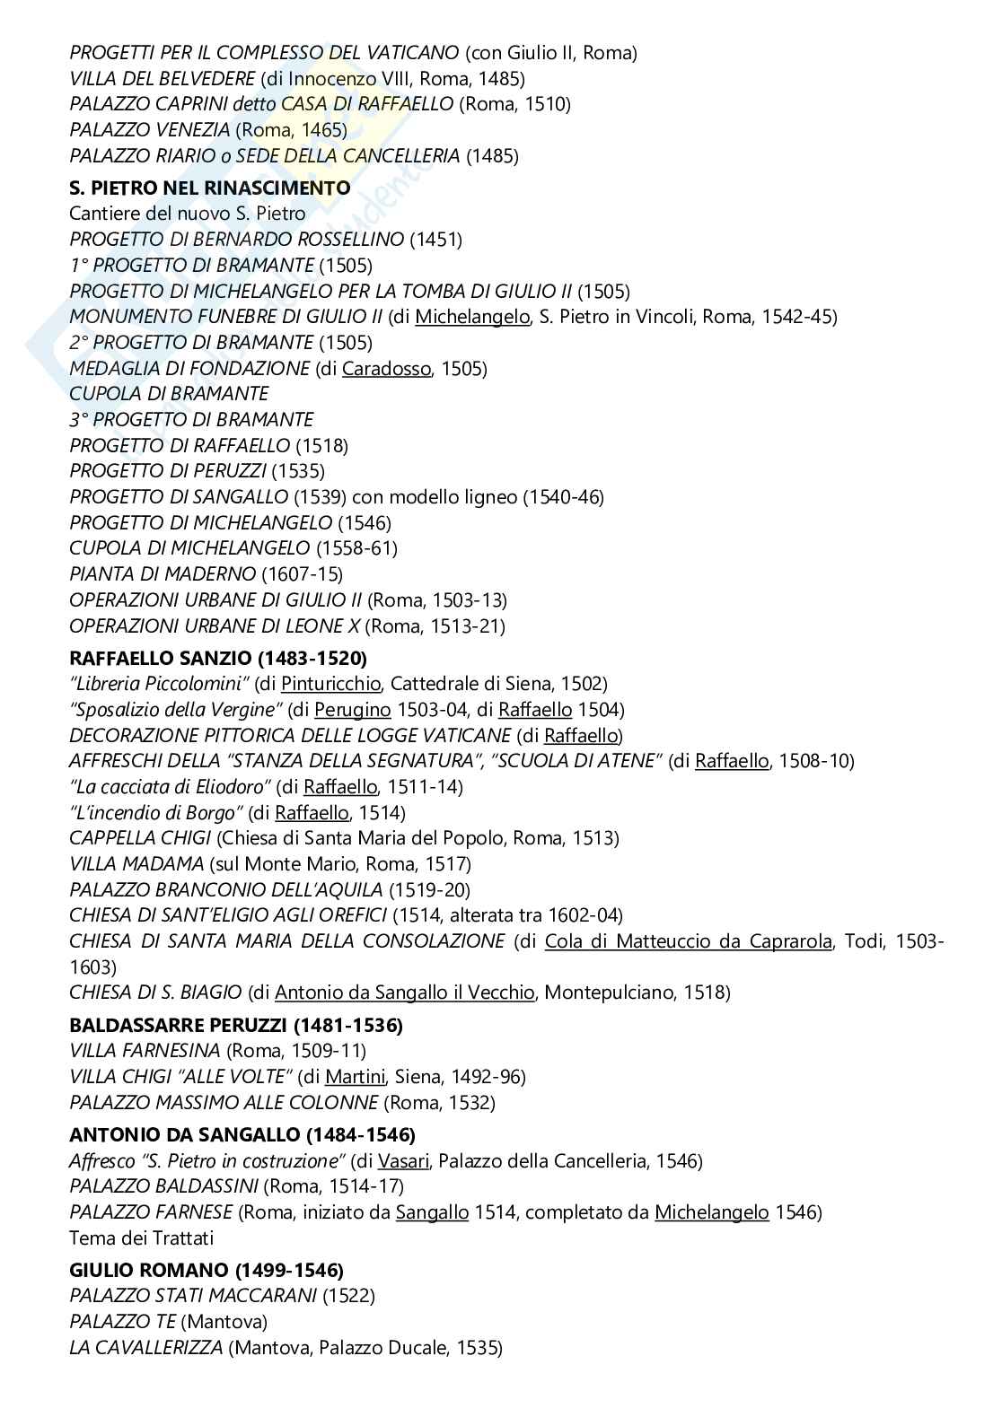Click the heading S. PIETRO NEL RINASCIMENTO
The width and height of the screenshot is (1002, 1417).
tap(209, 188)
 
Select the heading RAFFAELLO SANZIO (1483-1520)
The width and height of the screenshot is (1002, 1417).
tap(218, 658)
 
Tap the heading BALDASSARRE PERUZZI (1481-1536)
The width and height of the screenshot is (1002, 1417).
tap(236, 1025)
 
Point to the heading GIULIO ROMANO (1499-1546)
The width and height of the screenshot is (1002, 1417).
tap(207, 1270)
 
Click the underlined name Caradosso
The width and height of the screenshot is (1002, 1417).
tap(386, 368)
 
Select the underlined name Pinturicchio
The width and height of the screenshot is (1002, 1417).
tap(331, 684)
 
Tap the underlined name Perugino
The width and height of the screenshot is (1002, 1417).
tap(353, 710)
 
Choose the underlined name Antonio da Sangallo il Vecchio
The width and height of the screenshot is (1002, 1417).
tap(405, 993)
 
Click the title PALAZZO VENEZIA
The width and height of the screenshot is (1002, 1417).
tap(150, 130)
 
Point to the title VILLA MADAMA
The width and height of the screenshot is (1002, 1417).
tap(136, 864)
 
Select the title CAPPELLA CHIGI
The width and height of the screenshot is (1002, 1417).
tap(140, 838)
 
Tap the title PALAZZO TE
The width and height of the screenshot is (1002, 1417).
tap(122, 1322)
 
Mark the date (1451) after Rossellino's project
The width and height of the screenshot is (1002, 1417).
tap(436, 240)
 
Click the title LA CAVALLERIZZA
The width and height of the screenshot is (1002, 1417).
tap(146, 1348)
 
